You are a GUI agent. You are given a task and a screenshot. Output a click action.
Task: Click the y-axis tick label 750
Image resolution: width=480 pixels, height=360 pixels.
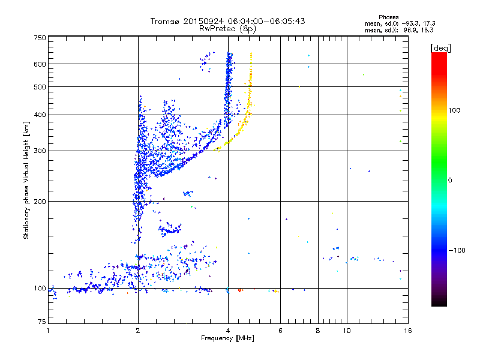40,38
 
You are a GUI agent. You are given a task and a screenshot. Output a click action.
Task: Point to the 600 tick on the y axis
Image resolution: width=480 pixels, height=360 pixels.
40,64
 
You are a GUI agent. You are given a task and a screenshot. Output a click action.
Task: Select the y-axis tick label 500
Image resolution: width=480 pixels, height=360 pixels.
40,87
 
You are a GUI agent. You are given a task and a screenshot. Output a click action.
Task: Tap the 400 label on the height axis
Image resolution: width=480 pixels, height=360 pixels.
40,115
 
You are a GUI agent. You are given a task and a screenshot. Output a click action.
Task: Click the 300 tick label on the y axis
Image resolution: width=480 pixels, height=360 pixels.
40,151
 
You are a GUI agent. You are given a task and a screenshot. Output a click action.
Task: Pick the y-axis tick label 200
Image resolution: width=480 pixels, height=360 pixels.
40,202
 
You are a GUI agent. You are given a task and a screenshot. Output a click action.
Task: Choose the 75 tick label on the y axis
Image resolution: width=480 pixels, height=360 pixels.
42,322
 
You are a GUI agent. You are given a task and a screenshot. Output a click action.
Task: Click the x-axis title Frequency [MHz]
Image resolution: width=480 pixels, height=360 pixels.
227,339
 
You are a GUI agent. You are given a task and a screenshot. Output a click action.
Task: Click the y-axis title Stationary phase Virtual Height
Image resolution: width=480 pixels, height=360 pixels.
26,180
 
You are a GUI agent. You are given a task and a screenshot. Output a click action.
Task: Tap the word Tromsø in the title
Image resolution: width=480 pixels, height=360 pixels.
164,21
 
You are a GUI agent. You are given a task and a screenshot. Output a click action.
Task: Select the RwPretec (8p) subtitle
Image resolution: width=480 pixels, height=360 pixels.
227,28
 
